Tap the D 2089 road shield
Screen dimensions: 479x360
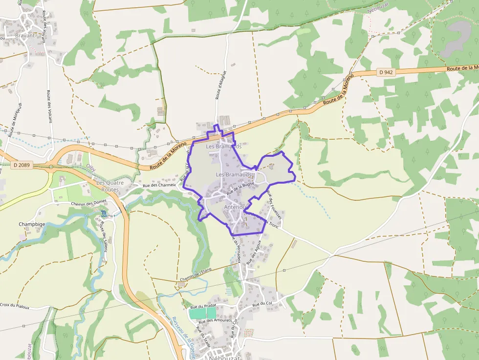[x=22, y=165]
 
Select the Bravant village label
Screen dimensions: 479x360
[x=25, y=36]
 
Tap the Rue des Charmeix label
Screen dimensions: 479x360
[x=159, y=185]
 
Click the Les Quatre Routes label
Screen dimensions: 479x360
[x=108, y=186]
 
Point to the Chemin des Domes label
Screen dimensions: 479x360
[x=88, y=203]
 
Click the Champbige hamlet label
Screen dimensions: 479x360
[x=32, y=225]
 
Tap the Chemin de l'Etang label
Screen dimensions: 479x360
[x=196, y=275]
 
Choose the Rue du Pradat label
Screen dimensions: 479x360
[x=203, y=305]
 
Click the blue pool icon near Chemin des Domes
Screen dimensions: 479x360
[x=104, y=214]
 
